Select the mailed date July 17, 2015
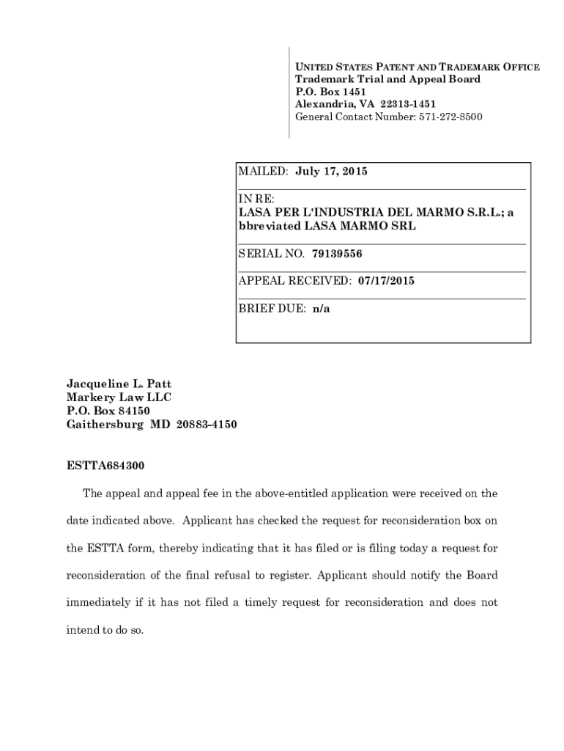(331, 172)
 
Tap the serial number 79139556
(337, 254)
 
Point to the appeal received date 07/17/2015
(386, 281)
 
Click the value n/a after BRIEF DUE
(322, 309)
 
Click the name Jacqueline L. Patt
(119, 384)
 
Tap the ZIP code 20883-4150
(207, 425)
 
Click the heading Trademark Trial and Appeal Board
(387, 79)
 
